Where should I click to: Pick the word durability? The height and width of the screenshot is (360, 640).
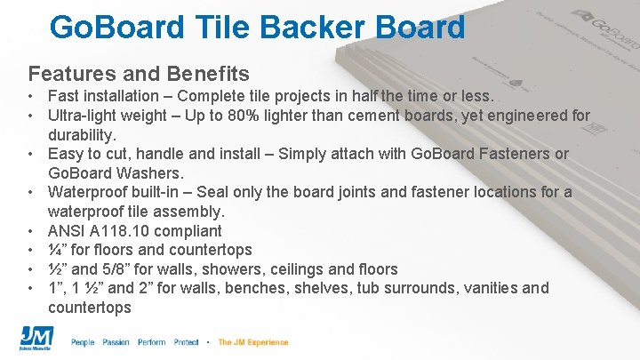(82, 135)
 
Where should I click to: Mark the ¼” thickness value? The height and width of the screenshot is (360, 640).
(60, 251)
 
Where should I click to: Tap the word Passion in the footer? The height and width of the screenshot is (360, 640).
(116, 342)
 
